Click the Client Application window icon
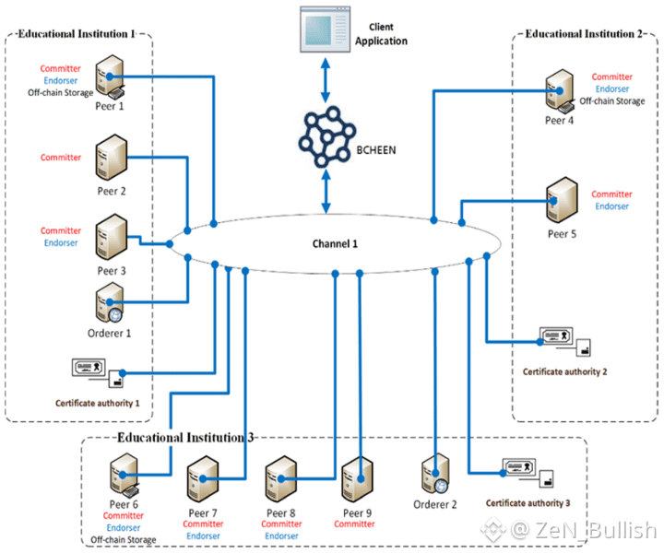point(324,29)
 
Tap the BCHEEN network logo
point(324,137)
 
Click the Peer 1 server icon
point(112,76)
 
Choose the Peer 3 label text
point(111,271)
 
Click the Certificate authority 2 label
point(564,371)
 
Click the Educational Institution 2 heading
point(584,34)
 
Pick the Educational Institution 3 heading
point(184,437)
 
